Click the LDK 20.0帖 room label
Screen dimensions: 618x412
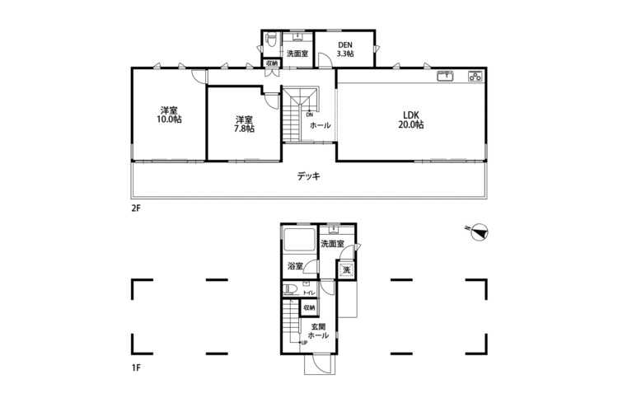pos(410,119)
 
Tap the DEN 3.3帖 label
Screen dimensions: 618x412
pos(345,49)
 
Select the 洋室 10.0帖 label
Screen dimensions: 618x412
pos(169,115)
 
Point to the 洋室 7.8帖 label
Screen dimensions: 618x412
pos(245,124)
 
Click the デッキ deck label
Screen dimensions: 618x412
pos(309,176)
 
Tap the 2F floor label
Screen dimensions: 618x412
pos(136,208)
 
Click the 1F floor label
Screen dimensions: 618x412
pos(136,368)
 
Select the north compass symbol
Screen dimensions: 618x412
pos(478,232)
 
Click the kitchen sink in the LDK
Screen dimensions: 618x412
pos(446,76)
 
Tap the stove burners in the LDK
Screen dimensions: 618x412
pos(475,76)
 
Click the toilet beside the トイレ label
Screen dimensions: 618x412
pos(289,288)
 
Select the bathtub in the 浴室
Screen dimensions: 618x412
pos(300,239)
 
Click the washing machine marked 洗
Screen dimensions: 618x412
pos(346,270)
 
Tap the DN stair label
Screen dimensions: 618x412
pos(309,115)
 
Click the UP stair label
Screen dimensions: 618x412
pos(304,343)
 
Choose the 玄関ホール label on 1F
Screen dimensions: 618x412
pos(318,331)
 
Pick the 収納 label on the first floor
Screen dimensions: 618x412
pos(309,307)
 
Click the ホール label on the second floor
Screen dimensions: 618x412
pos(320,125)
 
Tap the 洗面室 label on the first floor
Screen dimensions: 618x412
pos(332,244)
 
